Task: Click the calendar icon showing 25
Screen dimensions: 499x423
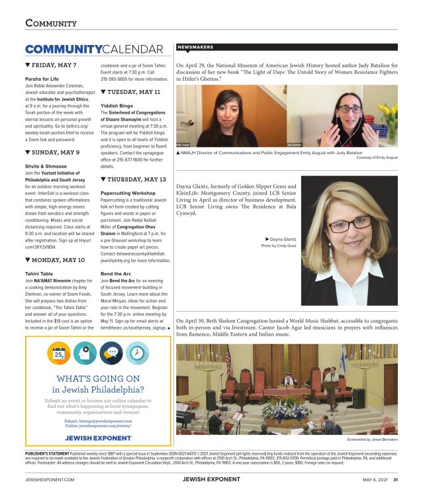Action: tap(59, 353)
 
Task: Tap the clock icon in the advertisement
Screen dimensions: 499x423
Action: tap(136, 353)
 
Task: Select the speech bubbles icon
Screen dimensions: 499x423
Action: tap(111, 353)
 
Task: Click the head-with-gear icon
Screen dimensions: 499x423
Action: tap(85, 353)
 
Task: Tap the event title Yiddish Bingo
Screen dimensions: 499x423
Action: tap(117, 105)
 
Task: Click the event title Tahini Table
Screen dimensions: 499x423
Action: tap(39, 273)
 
